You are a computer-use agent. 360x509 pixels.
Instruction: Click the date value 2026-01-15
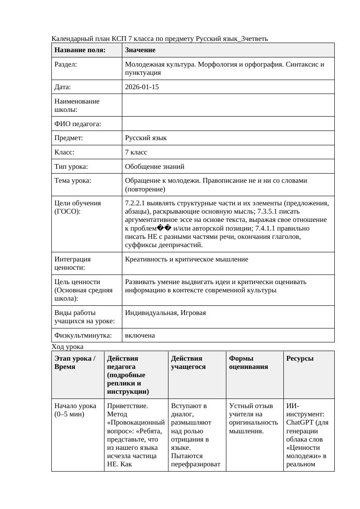pyautogui.click(x=142, y=87)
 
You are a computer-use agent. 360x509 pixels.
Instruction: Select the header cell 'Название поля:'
pyautogui.click(x=80, y=50)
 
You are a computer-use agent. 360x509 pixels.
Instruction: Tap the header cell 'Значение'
pyautogui.click(x=140, y=50)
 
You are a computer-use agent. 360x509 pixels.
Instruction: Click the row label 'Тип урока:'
pyautogui.click(x=71, y=166)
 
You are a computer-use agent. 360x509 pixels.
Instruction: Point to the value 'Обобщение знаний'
pyautogui.click(x=155, y=166)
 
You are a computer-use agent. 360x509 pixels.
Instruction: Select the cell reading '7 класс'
pyautogui.click(x=136, y=152)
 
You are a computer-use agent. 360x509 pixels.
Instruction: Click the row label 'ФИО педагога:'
pyautogui.click(x=77, y=124)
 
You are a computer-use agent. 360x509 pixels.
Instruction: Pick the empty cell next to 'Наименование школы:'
pyautogui.click(x=228, y=105)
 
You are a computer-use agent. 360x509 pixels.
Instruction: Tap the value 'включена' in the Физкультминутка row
pyautogui.click(x=140, y=335)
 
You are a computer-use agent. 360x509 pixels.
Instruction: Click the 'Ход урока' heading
pyautogui.click(x=67, y=347)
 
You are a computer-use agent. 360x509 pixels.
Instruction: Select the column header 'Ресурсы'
pyautogui.click(x=300, y=358)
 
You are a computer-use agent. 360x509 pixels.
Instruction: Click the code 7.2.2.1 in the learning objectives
pyautogui.click(x=136, y=203)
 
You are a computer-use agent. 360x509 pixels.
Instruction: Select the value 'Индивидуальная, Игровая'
pyautogui.click(x=165, y=313)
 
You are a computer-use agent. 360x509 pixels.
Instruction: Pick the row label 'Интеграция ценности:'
pyautogui.click(x=73, y=263)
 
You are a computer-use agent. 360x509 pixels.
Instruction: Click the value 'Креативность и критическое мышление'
pyautogui.click(x=186, y=259)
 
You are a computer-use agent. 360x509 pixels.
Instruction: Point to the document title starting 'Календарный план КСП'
pyautogui.click(x=160, y=39)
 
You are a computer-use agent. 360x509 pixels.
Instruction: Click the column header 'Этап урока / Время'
pyautogui.click(x=74, y=362)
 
